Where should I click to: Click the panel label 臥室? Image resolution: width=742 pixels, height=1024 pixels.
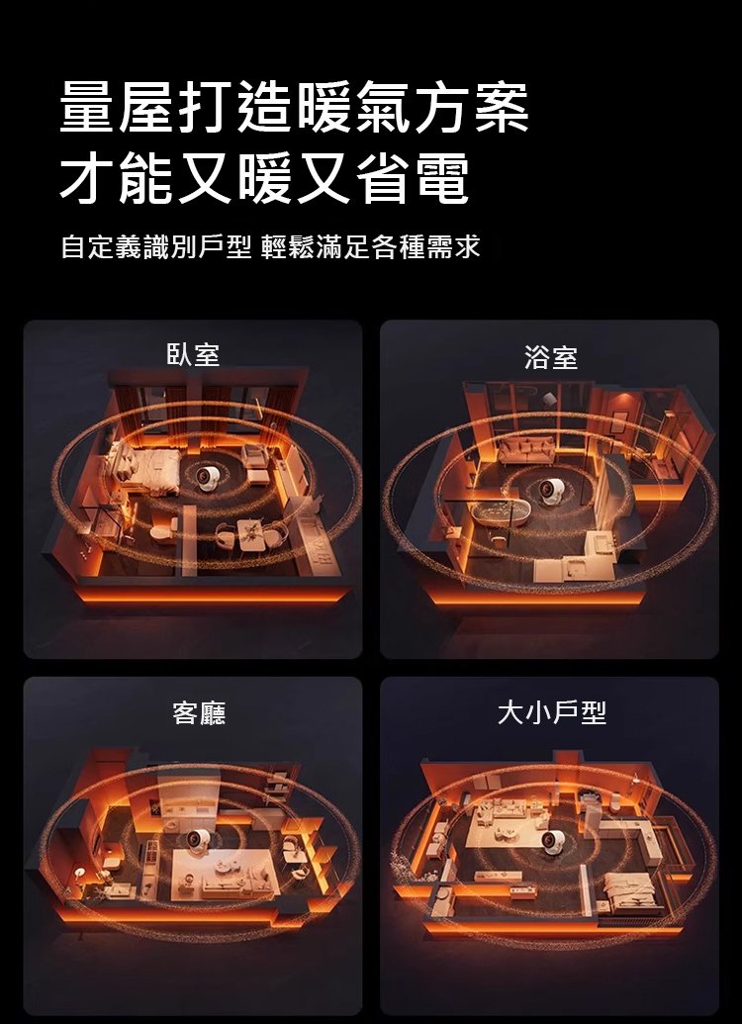(x=193, y=354)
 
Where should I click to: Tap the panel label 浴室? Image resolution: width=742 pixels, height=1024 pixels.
(x=551, y=357)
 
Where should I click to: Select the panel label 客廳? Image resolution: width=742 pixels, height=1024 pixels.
(x=199, y=712)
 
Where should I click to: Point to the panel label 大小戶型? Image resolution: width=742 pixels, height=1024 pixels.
(x=552, y=711)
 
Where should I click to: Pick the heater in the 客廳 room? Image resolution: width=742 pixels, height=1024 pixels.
(x=197, y=840)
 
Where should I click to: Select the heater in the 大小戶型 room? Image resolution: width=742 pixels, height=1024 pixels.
(x=553, y=840)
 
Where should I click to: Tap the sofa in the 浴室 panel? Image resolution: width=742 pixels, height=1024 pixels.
(x=526, y=450)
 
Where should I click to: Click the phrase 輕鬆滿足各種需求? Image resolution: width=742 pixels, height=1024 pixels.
(x=370, y=247)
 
